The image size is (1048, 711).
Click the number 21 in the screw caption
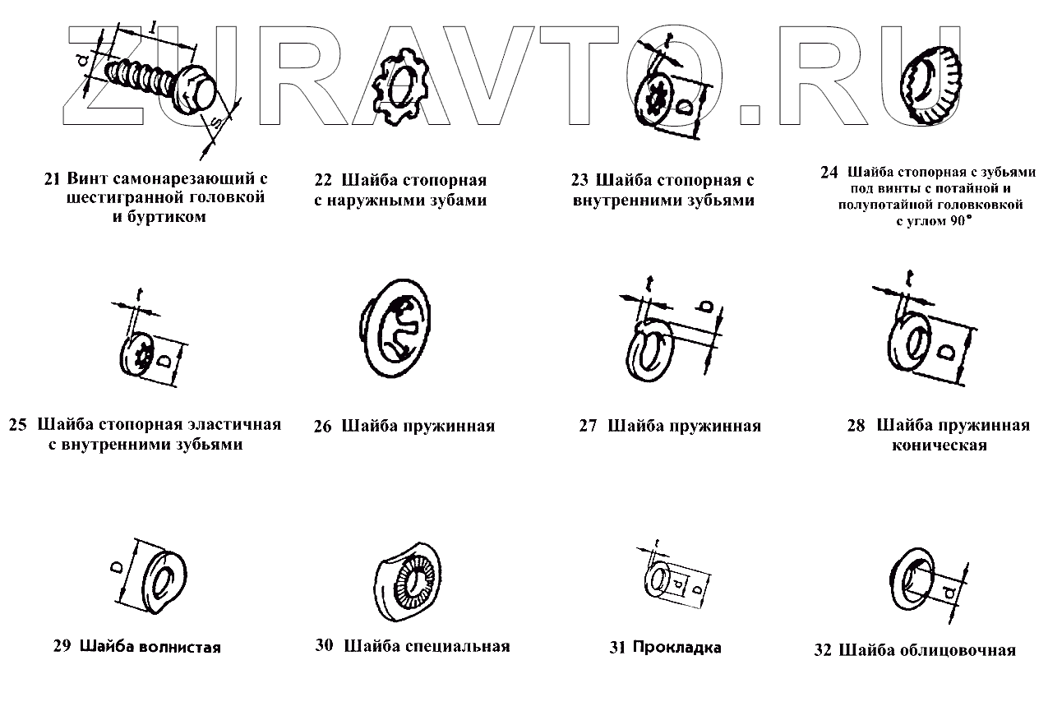tap(53, 179)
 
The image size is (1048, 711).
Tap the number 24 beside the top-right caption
tap(829, 173)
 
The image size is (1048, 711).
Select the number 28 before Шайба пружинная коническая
tap(856, 426)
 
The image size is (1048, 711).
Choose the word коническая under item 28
tap(939, 446)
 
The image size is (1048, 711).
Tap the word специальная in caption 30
tap(458, 646)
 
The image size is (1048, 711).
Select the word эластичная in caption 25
tap(233, 425)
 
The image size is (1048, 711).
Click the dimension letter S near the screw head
tap(216, 124)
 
